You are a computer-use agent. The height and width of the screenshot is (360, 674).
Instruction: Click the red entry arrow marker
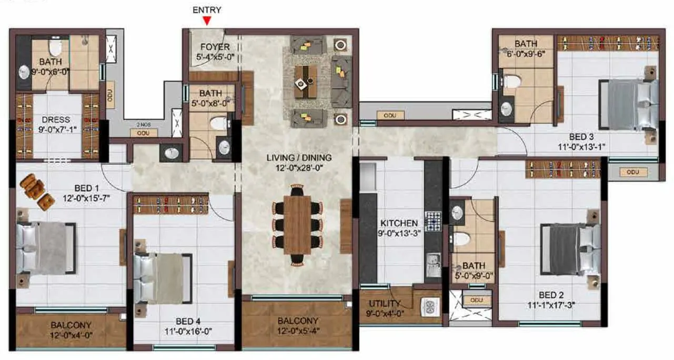point(207,21)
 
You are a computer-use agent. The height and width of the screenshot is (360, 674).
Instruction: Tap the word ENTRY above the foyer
point(207,9)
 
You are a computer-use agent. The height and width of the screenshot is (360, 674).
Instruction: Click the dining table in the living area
point(297,225)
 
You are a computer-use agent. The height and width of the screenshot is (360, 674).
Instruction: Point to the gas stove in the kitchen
point(432,221)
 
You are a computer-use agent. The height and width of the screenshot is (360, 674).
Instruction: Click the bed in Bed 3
point(629,104)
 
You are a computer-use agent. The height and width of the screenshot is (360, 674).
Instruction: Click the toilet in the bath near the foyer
point(217,124)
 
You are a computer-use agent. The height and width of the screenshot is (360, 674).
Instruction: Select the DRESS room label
point(55,119)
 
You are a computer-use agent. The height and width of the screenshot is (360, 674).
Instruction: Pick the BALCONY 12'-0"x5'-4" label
point(298,326)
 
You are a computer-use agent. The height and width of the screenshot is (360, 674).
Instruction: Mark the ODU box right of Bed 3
point(632,172)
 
